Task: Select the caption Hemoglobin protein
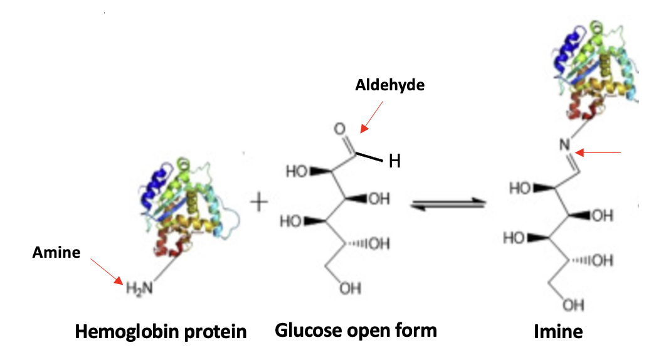click(x=161, y=331)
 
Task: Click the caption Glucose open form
click(x=356, y=330)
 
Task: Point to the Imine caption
click(x=558, y=331)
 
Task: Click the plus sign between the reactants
click(x=258, y=202)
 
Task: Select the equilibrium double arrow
click(x=448, y=203)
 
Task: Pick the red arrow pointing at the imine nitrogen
click(x=599, y=152)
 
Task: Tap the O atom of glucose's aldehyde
click(x=340, y=129)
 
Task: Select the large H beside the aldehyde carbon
click(x=394, y=162)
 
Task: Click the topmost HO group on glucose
click(x=296, y=171)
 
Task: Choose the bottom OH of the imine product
click(x=573, y=305)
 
